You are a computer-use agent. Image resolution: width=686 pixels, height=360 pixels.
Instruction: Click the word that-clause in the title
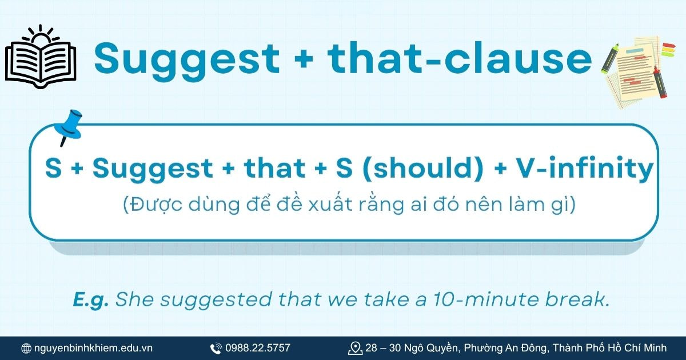click(460, 57)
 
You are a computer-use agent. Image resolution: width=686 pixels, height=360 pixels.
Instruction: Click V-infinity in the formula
click(584, 169)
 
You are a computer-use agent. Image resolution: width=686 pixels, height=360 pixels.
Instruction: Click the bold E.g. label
click(91, 300)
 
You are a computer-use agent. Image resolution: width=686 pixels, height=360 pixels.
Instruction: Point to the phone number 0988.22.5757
click(258, 348)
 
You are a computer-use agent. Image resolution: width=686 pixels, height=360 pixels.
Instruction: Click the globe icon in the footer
click(26, 348)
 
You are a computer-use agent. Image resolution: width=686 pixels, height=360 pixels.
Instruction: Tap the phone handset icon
click(216, 348)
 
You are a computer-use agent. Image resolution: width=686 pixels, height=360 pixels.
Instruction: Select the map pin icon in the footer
click(355, 347)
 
